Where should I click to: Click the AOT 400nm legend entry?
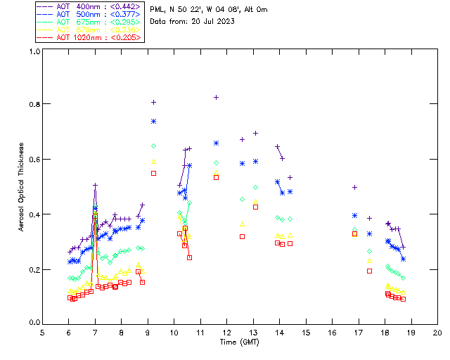(x=89, y=6)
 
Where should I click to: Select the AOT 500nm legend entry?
(x=89, y=14)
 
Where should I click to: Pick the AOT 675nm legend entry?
(x=89, y=22)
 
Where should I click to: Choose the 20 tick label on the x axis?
(x=437, y=332)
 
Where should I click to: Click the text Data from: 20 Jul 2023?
(x=192, y=21)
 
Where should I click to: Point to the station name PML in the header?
(x=159, y=9)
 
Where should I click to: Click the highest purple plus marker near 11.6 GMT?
(x=216, y=97)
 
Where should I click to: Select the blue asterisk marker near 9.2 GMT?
(x=153, y=122)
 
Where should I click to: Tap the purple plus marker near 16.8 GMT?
(x=354, y=187)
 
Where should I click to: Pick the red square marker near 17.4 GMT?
(x=370, y=270)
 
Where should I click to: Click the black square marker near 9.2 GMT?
(x=153, y=172)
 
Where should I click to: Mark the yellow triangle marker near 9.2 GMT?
(x=153, y=161)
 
